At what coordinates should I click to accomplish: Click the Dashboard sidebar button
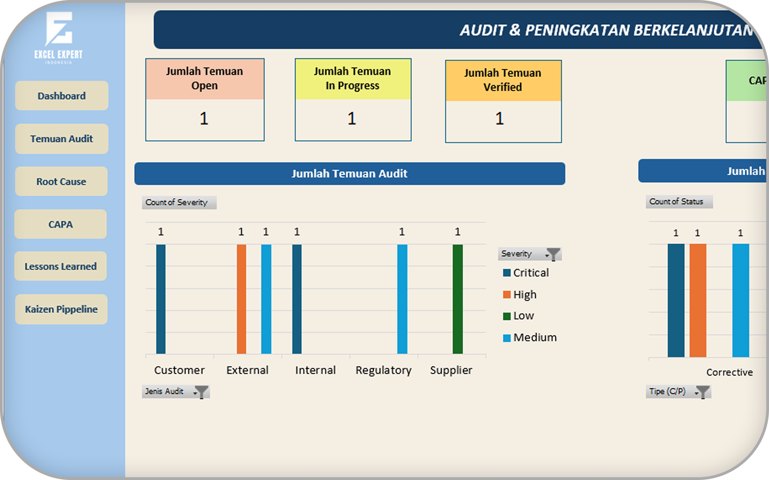point(62,96)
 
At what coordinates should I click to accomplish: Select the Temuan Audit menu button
point(62,139)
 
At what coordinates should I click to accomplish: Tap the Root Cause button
point(61,181)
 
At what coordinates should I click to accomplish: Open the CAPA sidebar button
point(61,224)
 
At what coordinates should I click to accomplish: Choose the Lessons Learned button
point(61,266)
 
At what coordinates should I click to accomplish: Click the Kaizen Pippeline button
point(61,309)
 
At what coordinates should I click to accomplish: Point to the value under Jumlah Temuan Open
point(204,119)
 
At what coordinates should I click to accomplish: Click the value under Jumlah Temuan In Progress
point(351,119)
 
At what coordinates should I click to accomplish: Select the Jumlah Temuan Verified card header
point(503,80)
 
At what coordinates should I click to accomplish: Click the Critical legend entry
point(526,273)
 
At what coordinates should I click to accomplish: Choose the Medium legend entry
point(530,337)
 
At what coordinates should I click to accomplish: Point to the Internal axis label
point(315,370)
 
